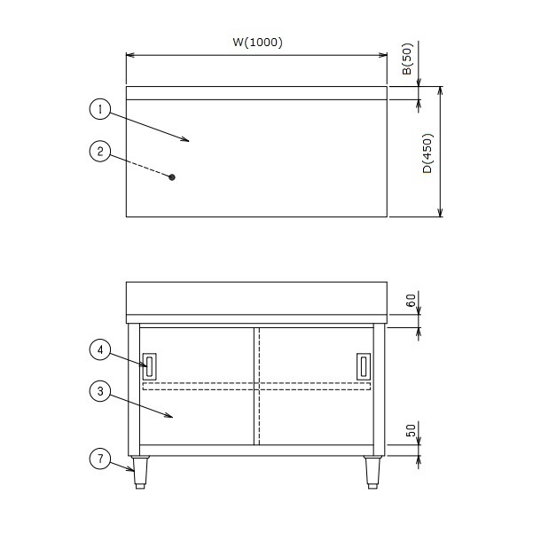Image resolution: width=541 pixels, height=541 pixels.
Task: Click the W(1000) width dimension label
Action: [257, 42]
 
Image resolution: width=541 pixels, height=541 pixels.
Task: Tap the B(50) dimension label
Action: [407, 59]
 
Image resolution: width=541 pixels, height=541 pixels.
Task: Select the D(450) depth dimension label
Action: [427, 153]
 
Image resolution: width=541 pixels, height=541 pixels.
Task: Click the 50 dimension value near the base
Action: [411, 430]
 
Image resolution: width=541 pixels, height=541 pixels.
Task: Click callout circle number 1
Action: [100, 109]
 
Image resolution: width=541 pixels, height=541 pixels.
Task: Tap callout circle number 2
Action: [100, 151]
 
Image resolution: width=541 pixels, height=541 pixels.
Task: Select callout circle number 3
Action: [100, 391]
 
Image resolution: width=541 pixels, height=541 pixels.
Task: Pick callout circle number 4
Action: [100, 349]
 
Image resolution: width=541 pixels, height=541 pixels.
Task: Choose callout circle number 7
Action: [100, 459]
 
